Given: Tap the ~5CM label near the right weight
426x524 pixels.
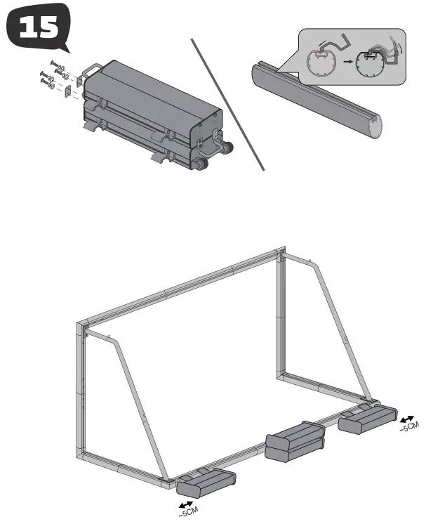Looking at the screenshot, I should coord(408,426).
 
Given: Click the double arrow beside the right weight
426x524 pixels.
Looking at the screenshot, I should coord(406,417).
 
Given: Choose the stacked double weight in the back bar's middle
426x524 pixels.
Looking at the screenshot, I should coord(293,443).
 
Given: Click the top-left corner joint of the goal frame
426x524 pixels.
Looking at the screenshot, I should coord(81,325).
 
